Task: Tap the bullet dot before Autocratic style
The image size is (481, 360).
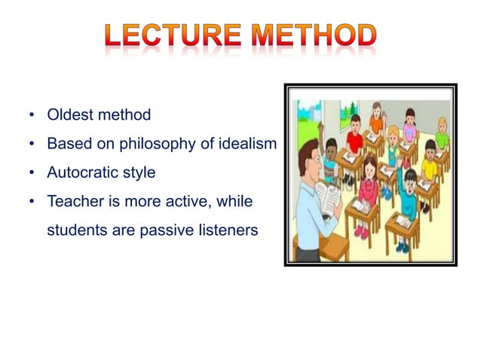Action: click(32, 173)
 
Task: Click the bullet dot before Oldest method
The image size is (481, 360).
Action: click(32, 116)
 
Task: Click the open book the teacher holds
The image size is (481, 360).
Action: click(330, 200)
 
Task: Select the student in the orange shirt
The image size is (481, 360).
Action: click(377, 122)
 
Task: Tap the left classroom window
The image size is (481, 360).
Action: click(309, 121)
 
